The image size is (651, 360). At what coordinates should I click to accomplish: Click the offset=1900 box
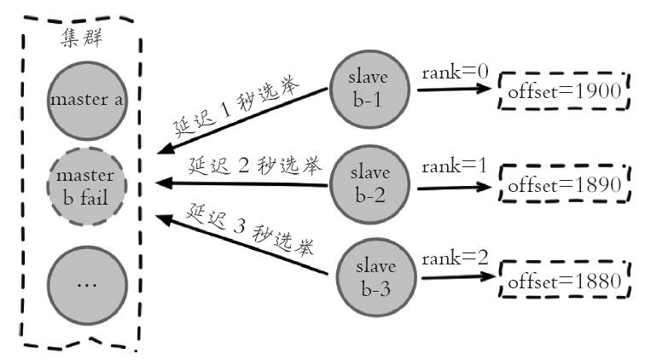coord(564,91)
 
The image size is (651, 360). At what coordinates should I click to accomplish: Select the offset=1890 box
coord(564,184)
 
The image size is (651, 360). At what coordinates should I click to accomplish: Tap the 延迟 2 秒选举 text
coord(247,164)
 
